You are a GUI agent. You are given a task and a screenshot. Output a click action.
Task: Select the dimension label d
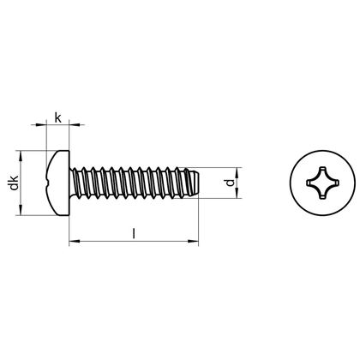[x=226, y=183]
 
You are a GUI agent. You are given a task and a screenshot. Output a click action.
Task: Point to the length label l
[x=133, y=231]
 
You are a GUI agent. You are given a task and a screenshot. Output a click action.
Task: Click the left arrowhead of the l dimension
[x=71, y=243]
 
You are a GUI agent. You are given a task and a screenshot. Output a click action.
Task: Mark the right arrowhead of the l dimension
[x=196, y=243]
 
